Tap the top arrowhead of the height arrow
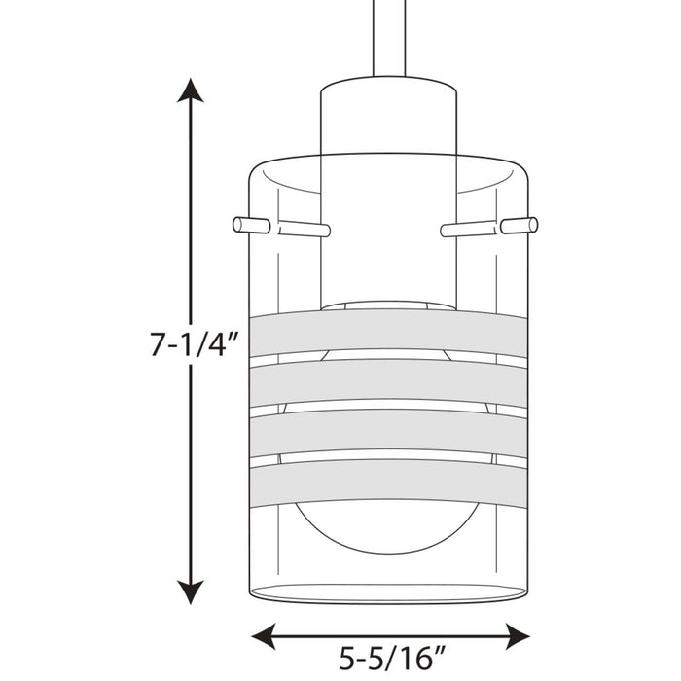[x=192, y=90]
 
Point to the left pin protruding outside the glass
[x=251, y=225]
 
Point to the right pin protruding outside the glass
[x=520, y=225]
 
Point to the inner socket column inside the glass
[x=387, y=233]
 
